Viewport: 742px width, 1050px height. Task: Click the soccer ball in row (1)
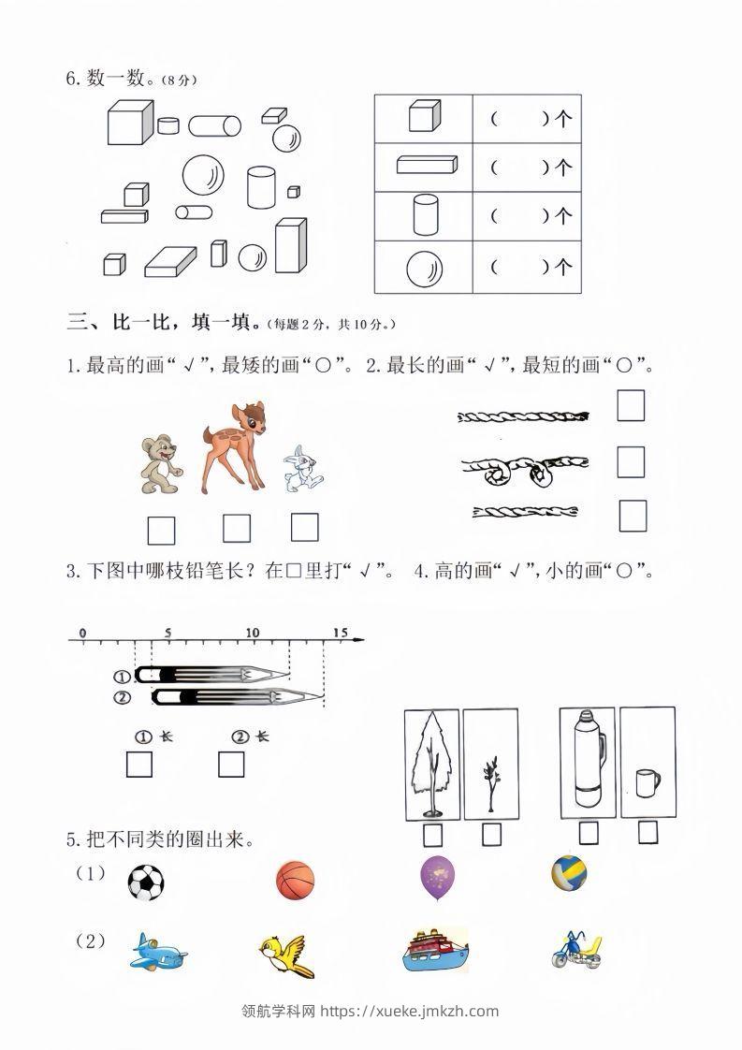145,882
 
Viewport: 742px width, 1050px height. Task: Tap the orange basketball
296,882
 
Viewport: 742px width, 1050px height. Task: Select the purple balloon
438,878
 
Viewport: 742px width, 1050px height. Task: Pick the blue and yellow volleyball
569,873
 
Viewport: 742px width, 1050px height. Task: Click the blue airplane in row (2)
157,953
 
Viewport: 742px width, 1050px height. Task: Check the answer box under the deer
237,529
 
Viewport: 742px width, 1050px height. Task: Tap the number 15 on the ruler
339,634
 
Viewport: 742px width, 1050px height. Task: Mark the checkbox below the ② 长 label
231,765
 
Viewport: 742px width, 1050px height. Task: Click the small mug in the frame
647,782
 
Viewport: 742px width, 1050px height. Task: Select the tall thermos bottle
588,758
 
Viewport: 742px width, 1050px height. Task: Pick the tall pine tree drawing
432,763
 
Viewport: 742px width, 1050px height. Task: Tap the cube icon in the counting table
423,118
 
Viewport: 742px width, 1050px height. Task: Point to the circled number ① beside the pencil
122,677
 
